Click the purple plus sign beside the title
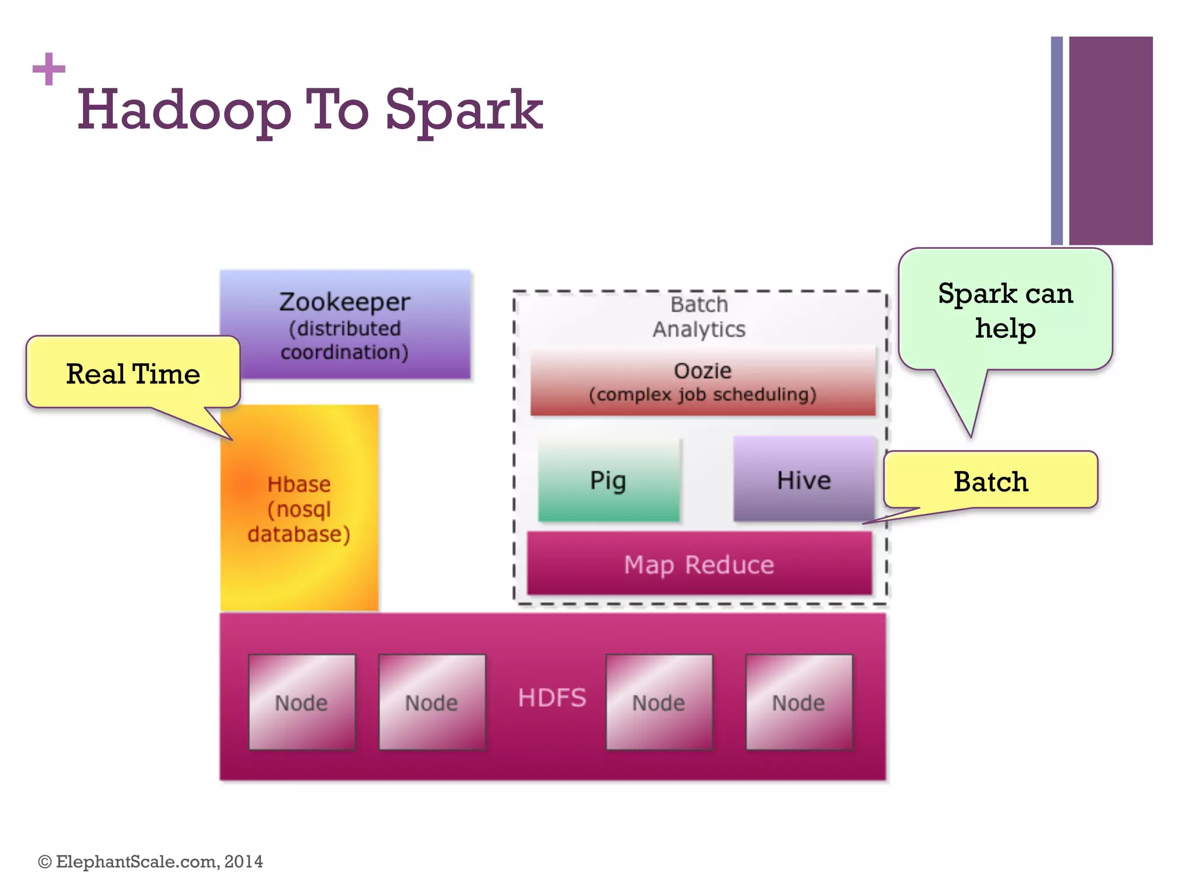click(x=49, y=69)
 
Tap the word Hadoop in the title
click(x=184, y=110)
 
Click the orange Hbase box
click(x=299, y=509)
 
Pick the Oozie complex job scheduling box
click(x=703, y=382)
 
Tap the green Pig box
click(x=608, y=480)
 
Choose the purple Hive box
click(x=804, y=479)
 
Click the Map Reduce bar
click(x=699, y=564)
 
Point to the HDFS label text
click(x=552, y=698)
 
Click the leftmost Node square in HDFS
click(x=302, y=702)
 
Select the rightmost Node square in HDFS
click(x=799, y=702)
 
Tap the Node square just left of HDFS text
click(x=432, y=702)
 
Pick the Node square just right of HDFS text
click(x=659, y=702)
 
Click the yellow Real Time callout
click(x=133, y=373)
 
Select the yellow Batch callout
click(x=990, y=481)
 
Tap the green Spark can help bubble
click(x=1005, y=311)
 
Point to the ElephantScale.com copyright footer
click(x=151, y=862)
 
